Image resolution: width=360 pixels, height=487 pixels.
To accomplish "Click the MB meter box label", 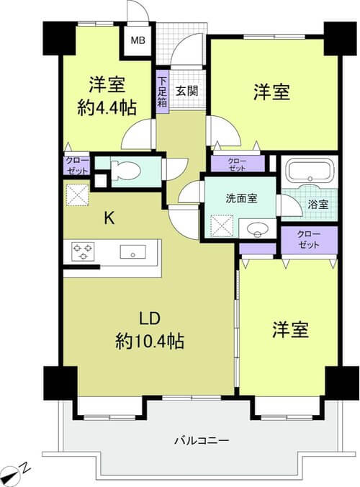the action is pyautogui.click(x=138, y=40).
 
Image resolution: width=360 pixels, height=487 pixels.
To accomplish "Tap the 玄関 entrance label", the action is pyautogui.click(x=186, y=91).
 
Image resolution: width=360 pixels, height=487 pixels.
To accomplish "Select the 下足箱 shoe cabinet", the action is pyautogui.click(x=162, y=91).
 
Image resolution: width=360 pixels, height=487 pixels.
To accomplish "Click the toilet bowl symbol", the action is pyautogui.click(x=126, y=170).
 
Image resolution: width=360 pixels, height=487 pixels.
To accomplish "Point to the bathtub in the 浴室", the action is pyautogui.click(x=309, y=171).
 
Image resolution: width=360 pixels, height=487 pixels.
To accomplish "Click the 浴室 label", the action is pyautogui.click(x=318, y=205).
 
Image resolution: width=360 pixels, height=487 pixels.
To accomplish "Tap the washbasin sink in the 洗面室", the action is pyautogui.click(x=257, y=229).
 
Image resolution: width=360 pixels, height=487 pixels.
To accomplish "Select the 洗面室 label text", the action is pyautogui.click(x=241, y=198).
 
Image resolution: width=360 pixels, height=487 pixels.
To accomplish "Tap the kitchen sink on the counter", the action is pyautogui.click(x=132, y=251).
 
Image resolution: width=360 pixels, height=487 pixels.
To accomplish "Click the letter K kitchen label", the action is pyautogui.click(x=109, y=218).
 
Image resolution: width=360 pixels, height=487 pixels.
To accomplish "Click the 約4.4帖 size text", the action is pyautogui.click(x=107, y=108).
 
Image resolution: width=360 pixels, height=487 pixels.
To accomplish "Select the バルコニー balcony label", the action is pyautogui.click(x=202, y=440).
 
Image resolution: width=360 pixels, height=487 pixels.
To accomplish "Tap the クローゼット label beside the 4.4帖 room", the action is pyautogui.click(x=77, y=166).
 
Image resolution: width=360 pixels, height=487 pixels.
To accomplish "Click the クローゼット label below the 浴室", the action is pyautogui.click(x=309, y=239).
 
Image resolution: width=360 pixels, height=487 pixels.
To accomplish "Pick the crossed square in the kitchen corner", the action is pyautogui.click(x=77, y=195).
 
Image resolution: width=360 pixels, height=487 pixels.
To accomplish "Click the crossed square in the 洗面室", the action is pyautogui.click(x=222, y=225).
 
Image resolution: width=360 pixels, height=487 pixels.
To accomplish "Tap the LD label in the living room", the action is pyautogui.click(x=150, y=319).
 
